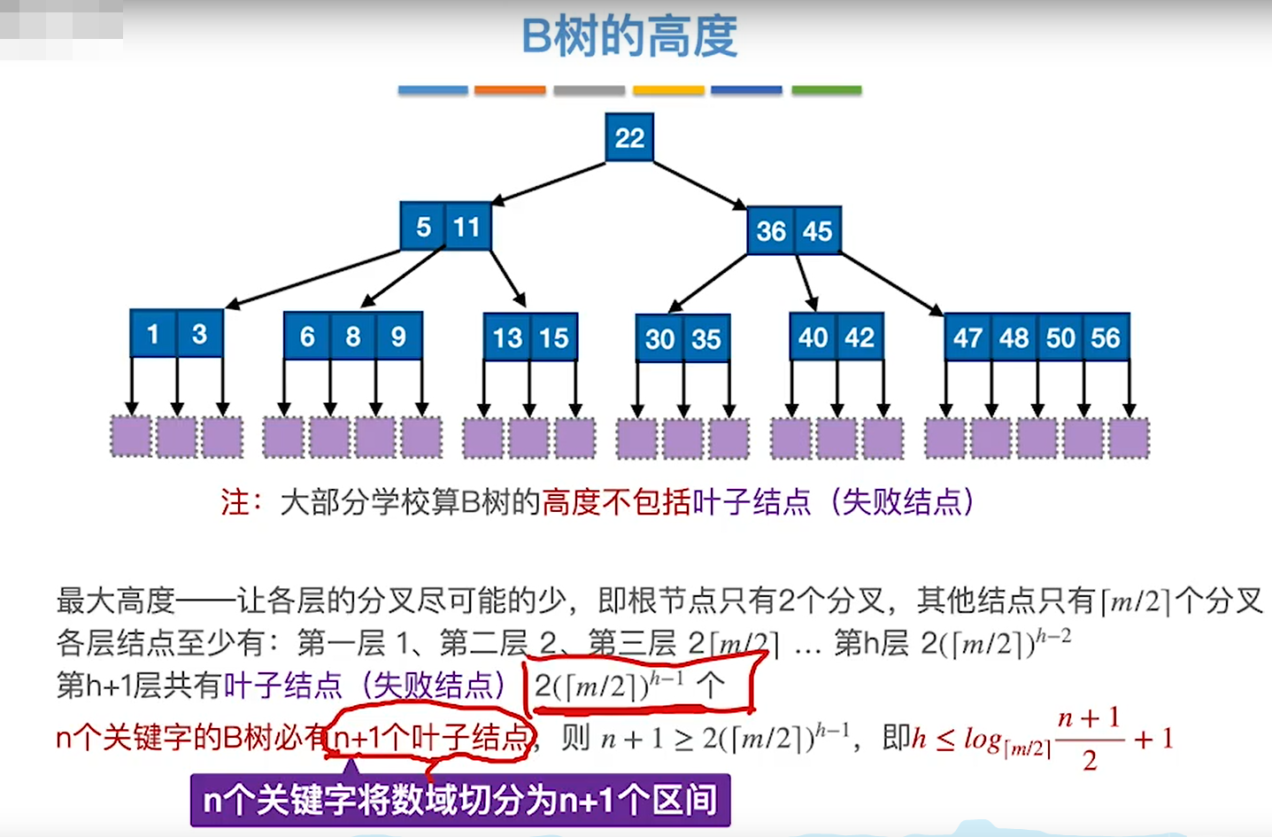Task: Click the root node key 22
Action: (629, 137)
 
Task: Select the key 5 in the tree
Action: (423, 227)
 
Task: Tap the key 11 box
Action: (466, 227)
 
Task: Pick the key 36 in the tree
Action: (770, 231)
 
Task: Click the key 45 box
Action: (817, 231)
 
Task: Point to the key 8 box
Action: (352, 337)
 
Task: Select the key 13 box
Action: (507, 337)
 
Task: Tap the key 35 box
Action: (705, 338)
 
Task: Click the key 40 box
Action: (813, 337)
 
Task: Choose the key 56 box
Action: (1106, 337)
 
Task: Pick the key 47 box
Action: (967, 337)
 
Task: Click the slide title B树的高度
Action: (629, 37)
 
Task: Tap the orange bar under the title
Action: (510, 90)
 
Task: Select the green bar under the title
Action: (826, 90)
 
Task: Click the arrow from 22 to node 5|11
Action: (549, 182)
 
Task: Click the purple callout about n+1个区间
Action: (460, 801)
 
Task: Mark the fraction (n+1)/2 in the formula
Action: (1090, 739)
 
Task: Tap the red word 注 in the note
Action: (235, 502)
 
